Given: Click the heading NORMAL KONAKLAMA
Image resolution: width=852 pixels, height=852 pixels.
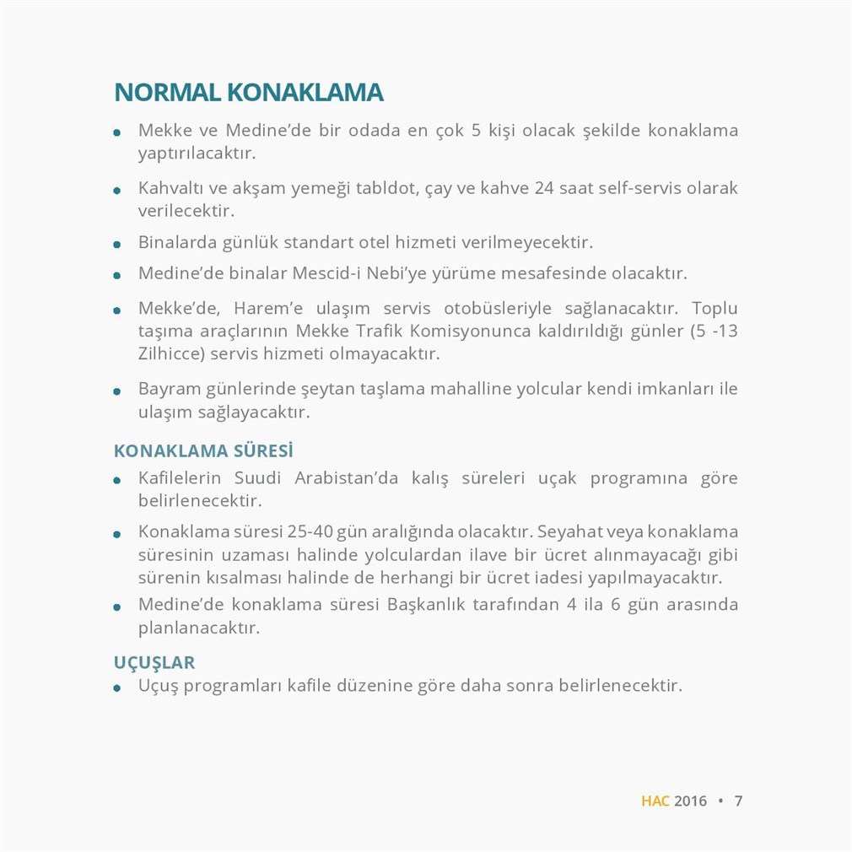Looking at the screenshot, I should click(249, 93).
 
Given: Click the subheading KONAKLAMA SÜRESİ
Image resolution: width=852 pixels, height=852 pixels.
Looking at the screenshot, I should click(203, 451).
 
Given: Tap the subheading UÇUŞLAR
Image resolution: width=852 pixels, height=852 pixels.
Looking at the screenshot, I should click(154, 662).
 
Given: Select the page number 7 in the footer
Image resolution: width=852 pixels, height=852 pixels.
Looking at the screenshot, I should click(738, 801).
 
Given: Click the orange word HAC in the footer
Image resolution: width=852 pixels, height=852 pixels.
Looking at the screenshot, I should click(655, 801).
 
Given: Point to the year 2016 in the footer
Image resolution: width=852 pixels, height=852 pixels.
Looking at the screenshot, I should click(690, 801).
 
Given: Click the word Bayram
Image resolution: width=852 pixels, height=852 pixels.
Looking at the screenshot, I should click(169, 390).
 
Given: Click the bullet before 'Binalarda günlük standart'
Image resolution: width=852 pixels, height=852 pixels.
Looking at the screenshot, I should click(118, 245).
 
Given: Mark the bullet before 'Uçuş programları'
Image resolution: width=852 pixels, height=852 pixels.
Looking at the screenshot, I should click(118, 688).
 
